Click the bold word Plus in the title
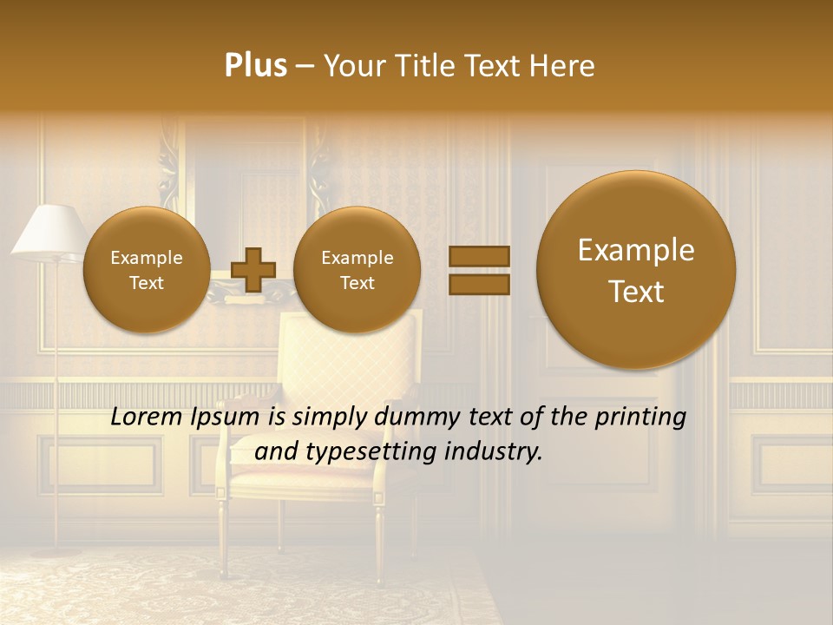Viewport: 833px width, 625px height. tap(255, 65)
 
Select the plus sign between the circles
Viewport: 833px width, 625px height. tap(253, 269)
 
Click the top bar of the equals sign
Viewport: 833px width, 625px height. tap(478, 256)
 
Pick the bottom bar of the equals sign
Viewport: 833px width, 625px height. tap(478, 284)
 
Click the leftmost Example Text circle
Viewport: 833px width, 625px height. tap(146, 269)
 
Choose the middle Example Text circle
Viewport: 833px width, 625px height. tap(357, 269)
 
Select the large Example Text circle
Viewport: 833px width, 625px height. tap(636, 270)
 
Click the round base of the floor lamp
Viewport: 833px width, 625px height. tap(56, 550)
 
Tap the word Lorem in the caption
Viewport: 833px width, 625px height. tap(148, 418)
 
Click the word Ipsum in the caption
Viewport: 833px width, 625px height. tap(226, 418)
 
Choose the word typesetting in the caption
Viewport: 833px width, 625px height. tap(364, 451)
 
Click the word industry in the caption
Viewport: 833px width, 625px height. tap(493, 451)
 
